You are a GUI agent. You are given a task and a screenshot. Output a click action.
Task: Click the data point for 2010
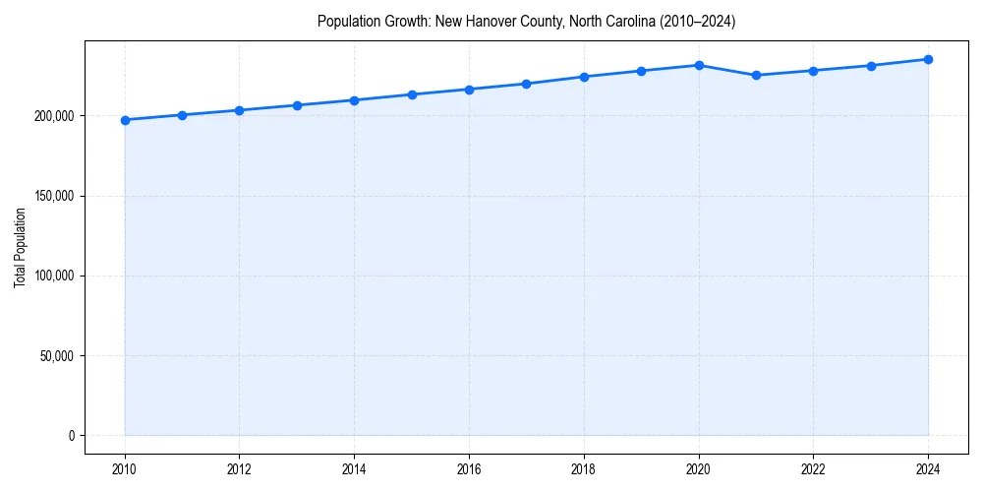(x=125, y=120)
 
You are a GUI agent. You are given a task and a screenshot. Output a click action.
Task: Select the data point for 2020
(x=699, y=65)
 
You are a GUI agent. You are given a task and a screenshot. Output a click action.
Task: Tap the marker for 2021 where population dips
(x=756, y=75)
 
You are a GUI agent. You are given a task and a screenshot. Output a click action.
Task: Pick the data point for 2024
(x=928, y=59)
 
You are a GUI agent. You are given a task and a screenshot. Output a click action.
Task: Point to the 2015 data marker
(x=412, y=94)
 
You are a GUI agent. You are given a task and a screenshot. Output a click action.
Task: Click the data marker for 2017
(x=527, y=84)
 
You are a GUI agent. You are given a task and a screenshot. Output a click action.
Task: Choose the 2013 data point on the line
(x=297, y=105)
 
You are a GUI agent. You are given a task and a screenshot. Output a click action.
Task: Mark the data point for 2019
(x=641, y=71)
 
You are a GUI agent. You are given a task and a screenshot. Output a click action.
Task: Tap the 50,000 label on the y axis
(x=58, y=355)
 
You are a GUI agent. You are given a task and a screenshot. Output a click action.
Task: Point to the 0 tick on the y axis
(x=71, y=435)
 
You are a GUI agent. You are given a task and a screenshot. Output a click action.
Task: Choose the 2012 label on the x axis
(x=239, y=469)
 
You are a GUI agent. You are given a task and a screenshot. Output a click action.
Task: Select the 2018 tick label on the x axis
(x=584, y=469)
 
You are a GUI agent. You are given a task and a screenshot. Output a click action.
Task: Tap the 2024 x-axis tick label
(x=928, y=469)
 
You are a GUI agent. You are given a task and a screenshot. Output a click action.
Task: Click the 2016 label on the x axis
(x=469, y=469)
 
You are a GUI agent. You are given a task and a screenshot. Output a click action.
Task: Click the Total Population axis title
(x=20, y=247)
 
